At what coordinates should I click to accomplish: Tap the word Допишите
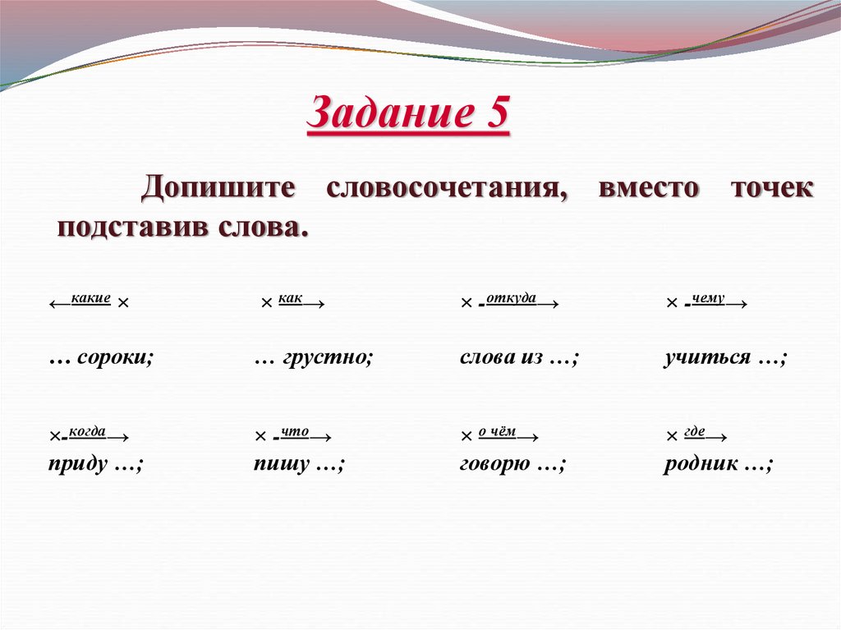(x=218, y=186)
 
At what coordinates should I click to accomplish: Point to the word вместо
(x=649, y=186)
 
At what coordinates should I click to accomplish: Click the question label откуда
(x=511, y=298)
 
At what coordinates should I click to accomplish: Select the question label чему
(x=708, y=298)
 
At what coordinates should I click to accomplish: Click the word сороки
(x=115, y=358)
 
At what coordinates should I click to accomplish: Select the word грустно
(x=327, y=358)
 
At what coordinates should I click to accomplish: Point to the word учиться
(x=707, y=358)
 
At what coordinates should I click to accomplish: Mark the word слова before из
(x=488, y=358)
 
